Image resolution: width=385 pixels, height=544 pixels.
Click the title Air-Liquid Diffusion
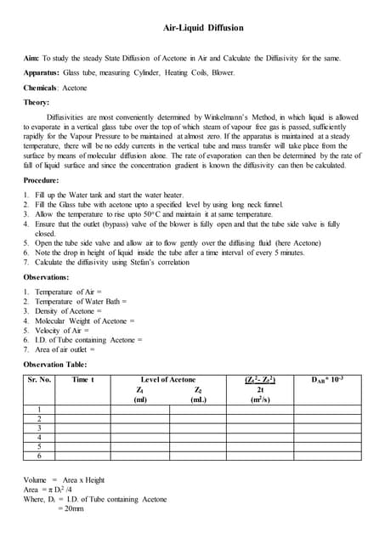[203, 28]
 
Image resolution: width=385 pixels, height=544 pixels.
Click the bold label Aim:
[31, 58]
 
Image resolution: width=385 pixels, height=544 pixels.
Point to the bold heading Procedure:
[42, 181]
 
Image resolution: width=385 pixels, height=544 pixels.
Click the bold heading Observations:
[47, 278]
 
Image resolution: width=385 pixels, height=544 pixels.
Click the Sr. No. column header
[39, 379]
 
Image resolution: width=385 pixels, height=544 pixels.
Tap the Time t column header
[83, 379]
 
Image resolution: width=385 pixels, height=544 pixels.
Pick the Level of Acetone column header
[167, 379]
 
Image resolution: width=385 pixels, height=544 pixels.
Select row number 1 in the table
[39, 411]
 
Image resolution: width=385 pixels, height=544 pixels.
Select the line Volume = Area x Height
[64, 480]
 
